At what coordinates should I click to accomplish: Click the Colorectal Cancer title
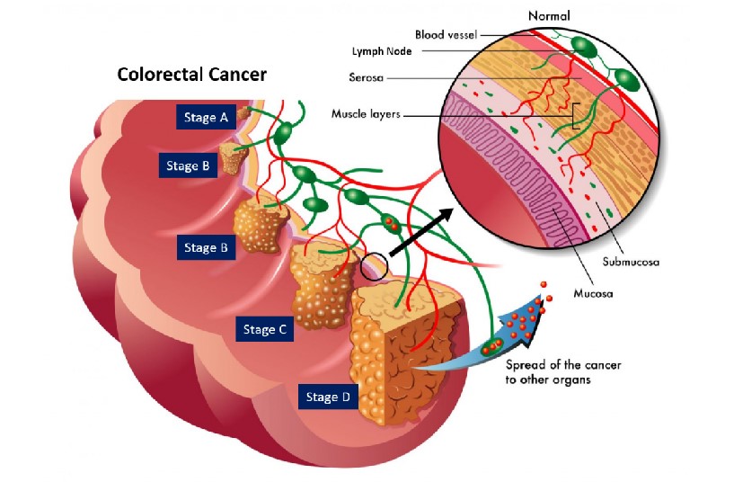click(191, 74)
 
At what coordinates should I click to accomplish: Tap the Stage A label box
click(206, 117)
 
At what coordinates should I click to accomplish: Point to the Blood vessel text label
click(448, 34)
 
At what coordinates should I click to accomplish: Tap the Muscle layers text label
click(366, 114)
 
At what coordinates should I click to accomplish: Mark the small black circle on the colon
click(374, 266)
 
